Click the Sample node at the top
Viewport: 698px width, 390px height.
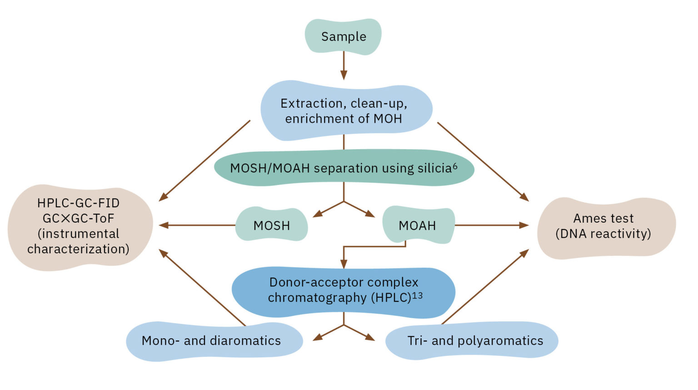click(x=343, y=37)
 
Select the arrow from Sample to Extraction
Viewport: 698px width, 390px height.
click(x=344, y=65)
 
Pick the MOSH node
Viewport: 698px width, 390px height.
click(x=272, y=225)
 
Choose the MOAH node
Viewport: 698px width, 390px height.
click(x=418, y=225)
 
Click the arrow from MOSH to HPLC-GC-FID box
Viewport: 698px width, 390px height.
click(x=197, y=225)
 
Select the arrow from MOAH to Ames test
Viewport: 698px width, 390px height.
click(x=491, y=225)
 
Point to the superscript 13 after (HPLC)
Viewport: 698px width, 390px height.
click(x=417, y=295)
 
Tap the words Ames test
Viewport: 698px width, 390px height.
click(x=603, y=219)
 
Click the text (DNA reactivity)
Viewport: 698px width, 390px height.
click(x=603, y=234)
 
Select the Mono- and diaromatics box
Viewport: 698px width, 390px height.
click(x=211, y=341)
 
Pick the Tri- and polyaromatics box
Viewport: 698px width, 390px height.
click(x=475, y=341)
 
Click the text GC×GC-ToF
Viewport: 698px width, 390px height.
click(x=78, y=219)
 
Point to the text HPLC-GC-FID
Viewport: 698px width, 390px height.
click(x=78, y=203)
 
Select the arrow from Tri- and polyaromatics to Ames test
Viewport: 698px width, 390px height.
click(x=484, y=287)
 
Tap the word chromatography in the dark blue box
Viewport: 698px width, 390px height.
click(x=317, y=298)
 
